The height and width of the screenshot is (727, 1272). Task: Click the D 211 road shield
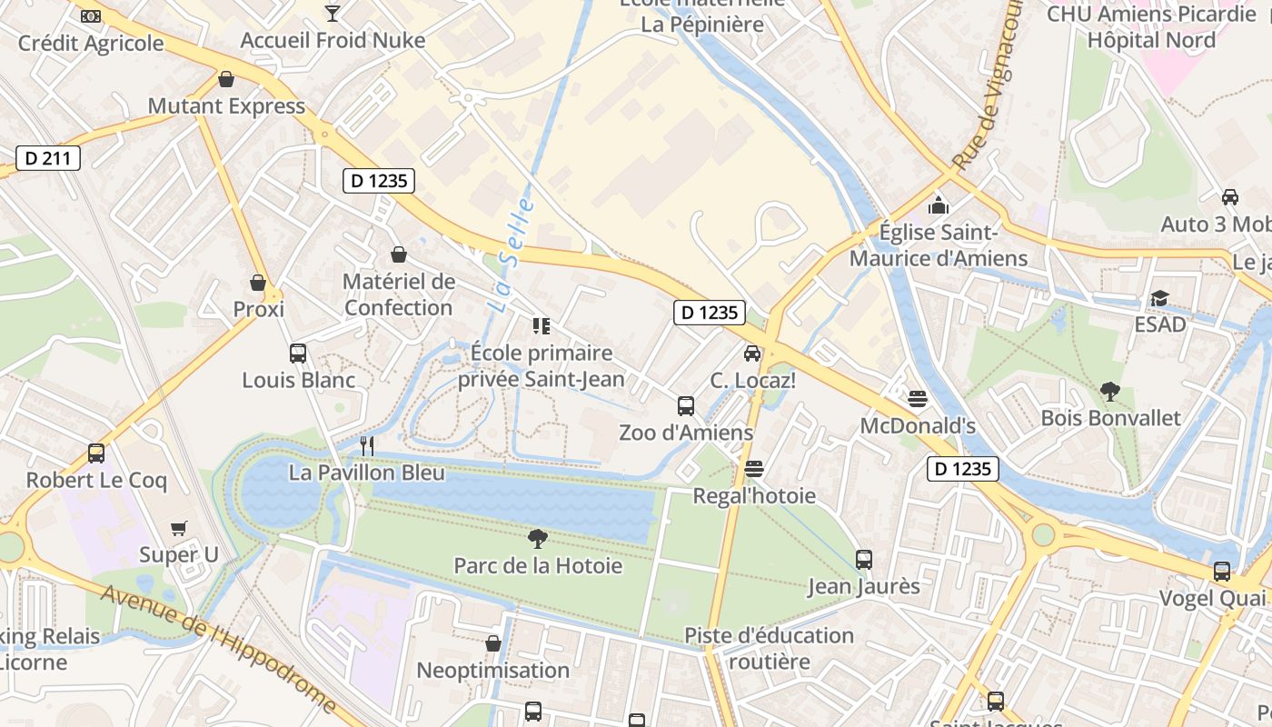pos(48,158)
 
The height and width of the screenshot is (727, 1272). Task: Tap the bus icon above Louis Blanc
pos(297,354)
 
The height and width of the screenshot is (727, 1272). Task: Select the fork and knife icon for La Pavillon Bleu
pos(367,445)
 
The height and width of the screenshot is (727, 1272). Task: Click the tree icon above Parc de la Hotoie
pos(538,539)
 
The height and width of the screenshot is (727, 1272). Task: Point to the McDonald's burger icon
pos(918,399)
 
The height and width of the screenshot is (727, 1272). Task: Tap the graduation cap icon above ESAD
pos(1159,298)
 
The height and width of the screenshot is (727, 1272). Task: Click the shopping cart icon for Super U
pos(179,528)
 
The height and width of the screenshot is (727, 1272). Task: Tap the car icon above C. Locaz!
pos(752,354)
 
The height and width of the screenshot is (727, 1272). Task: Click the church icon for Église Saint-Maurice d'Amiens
pos(939,206)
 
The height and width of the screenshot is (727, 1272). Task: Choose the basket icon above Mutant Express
pos(226,79)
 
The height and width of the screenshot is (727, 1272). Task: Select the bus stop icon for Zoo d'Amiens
pos(686,405)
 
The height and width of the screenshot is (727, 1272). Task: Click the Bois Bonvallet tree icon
pos(1110,392)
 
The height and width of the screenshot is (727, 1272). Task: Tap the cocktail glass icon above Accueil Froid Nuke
pos(333,14)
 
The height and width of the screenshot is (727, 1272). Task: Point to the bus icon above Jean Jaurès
pos(864,559)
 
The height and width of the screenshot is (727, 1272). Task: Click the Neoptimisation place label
pos(492,670)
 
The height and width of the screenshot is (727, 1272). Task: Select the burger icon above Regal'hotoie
pos(753,469)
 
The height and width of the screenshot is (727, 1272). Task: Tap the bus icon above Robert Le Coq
pos(96,453)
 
